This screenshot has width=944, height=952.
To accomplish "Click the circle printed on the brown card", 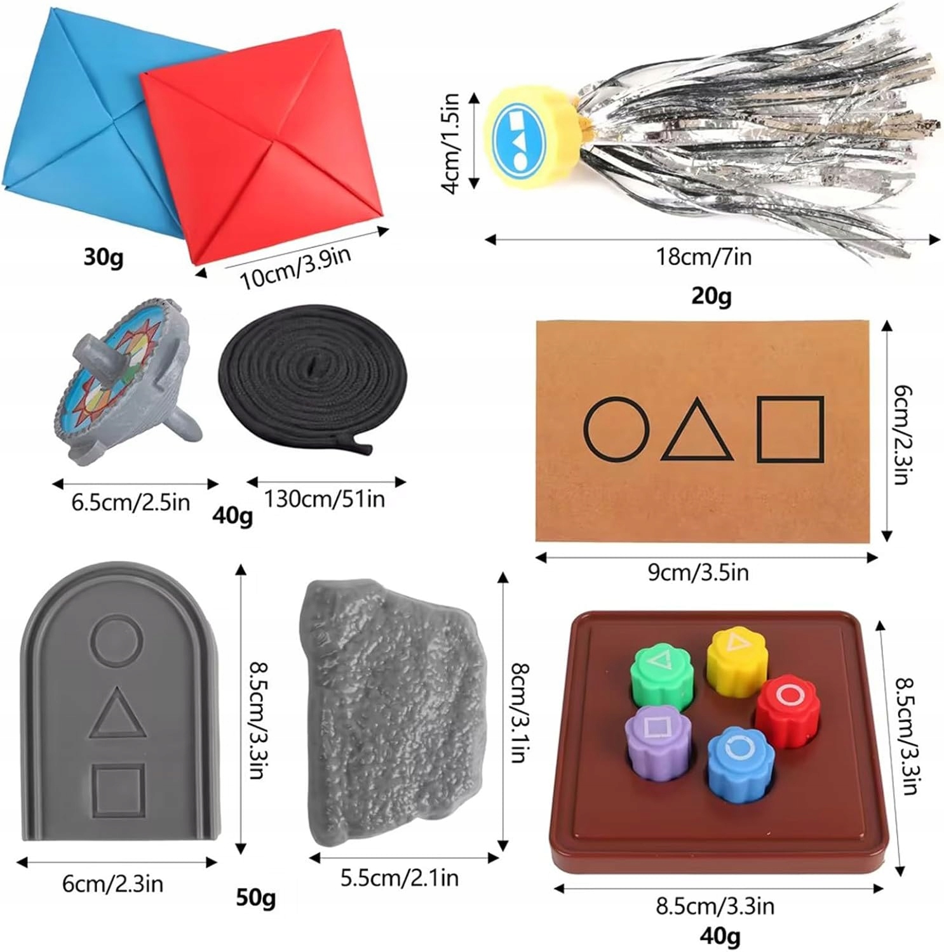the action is pyautogui.click(x=616, y=429).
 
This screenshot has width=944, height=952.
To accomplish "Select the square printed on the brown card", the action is pyautogui.click(x=790, y=428).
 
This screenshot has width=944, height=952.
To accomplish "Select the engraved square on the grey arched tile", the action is pyautogui.click(x=119, y=791).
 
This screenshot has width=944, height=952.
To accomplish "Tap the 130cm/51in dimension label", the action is pyautogui.click(x=325, y=499).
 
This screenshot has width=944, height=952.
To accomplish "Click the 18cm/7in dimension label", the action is pyautogui.click(x=703, y=257).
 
